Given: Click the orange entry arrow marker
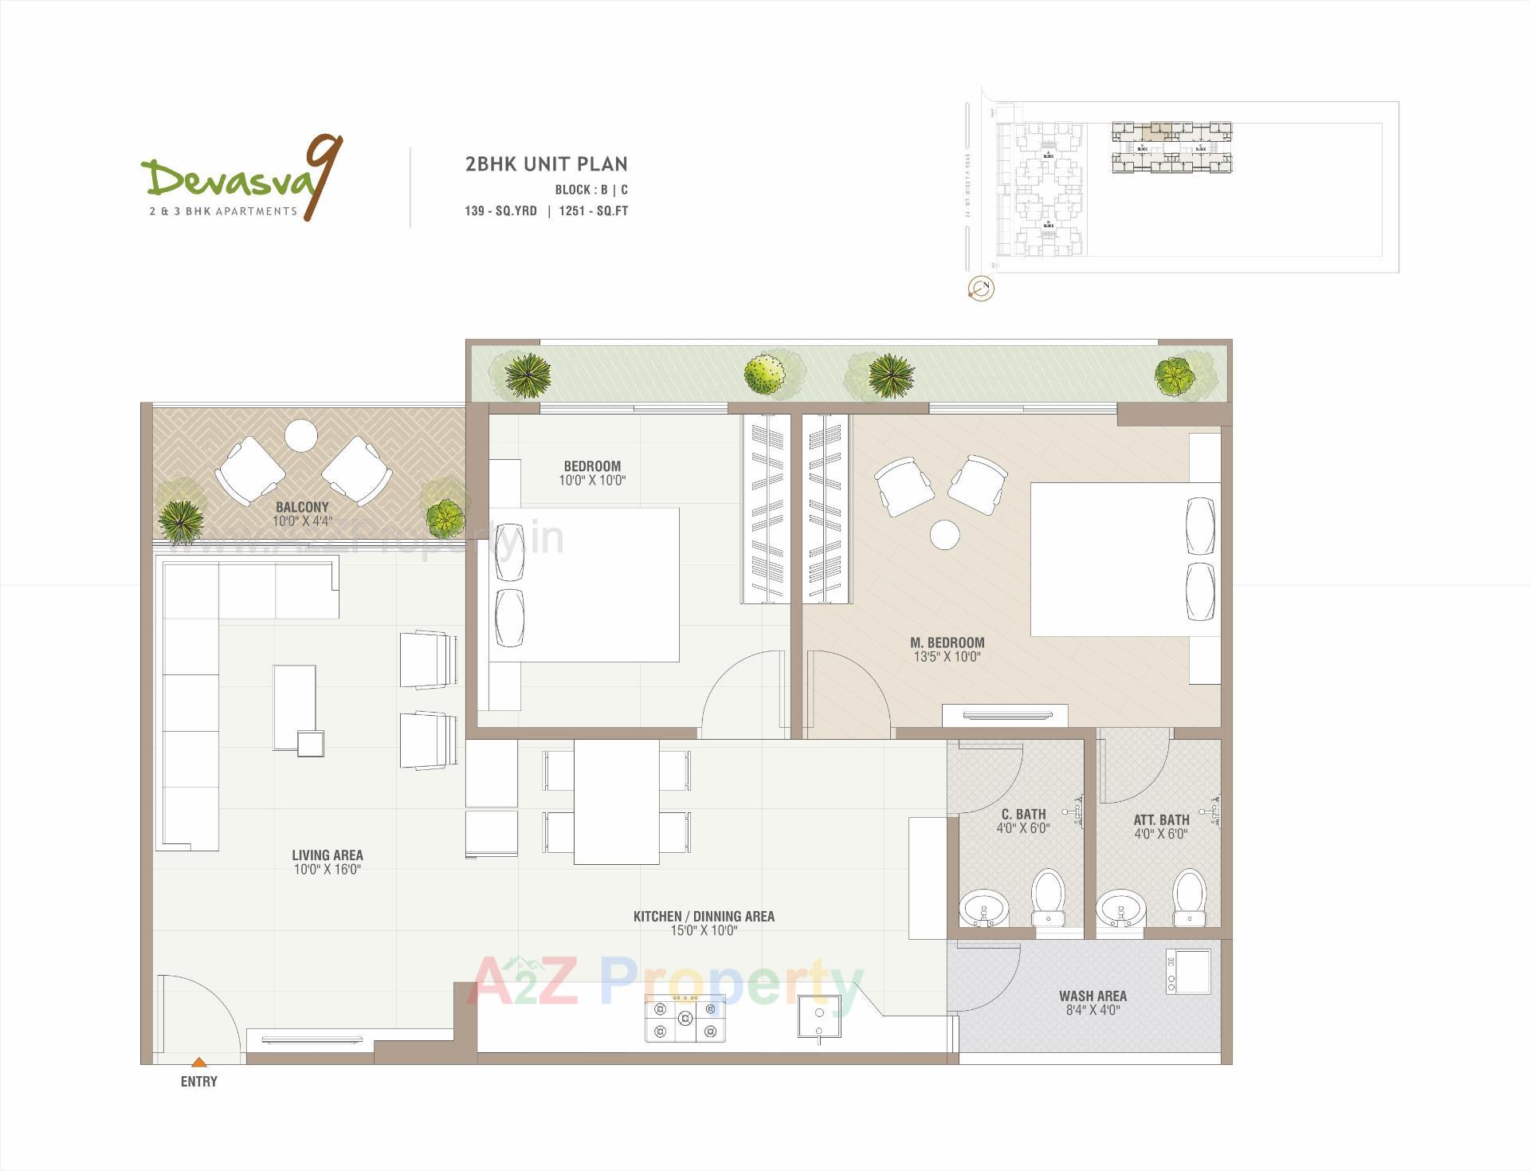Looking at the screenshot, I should click(x=199, y=1062).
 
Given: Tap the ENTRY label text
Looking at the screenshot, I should click(x=199, y=1082).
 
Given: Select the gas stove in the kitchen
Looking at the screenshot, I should click(x=685, y=1020).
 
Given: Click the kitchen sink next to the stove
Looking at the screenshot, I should click(x=819, y=1016).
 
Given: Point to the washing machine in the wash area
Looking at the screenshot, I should click(x=1188, y=972).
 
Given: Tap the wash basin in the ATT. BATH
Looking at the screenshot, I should click(x=1120, y=910).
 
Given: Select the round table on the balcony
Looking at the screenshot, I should click(x=302, y=435).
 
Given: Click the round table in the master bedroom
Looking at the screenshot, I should click(x=946, y=534).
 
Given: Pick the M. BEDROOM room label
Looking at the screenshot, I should click(x=947, y=642).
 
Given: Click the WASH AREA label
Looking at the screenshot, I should click(x=1093, y=996).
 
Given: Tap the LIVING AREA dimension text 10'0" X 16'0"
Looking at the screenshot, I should click(x=327, y=870).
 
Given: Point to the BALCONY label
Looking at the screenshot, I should click(x=302, y=507).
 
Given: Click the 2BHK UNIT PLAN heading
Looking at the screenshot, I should click(x=546, y=164).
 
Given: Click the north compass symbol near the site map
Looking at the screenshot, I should click(x=981, y=289).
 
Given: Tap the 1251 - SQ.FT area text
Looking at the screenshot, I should click(x=594, y=211).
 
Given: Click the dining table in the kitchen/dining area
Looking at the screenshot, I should click(x=616, y=802).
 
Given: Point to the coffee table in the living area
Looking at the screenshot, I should click(x=294, y=708).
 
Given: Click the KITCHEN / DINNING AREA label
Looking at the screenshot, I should click(x=704, y=917).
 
